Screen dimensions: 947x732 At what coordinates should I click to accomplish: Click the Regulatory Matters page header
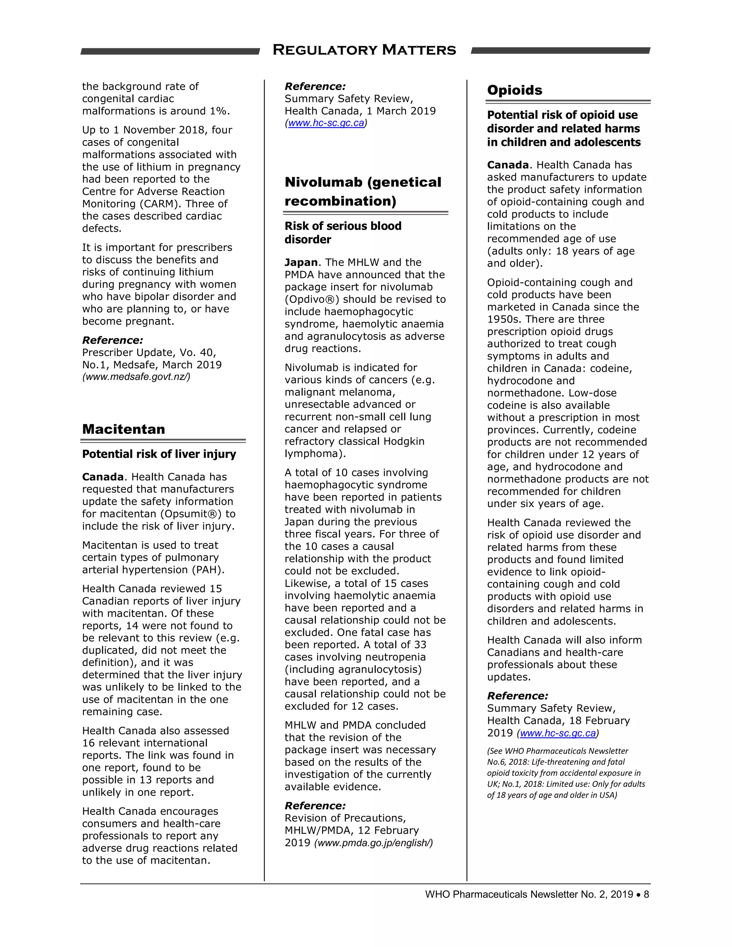(x=364, y=50)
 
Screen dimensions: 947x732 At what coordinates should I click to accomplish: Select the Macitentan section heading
(x=124, y=429)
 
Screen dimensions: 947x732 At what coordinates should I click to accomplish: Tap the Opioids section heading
(x=514, y=90)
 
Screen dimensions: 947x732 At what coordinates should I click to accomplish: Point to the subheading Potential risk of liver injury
(x=159, y=454)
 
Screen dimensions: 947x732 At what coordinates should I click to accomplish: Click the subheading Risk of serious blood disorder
(x=342, y=232)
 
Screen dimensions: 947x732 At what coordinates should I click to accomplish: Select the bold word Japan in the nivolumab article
(x=301, y=262)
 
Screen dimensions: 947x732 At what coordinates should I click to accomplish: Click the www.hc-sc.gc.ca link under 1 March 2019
(x=326, y=123)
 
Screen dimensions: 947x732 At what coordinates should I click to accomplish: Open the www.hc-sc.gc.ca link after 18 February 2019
(x=558, y=733)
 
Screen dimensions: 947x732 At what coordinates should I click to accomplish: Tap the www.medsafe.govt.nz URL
(x=136, y=377)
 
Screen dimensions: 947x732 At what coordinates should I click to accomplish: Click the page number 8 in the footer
(x=646, y=894)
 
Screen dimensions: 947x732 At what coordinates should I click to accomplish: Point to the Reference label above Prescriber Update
(x=112, y=340)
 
